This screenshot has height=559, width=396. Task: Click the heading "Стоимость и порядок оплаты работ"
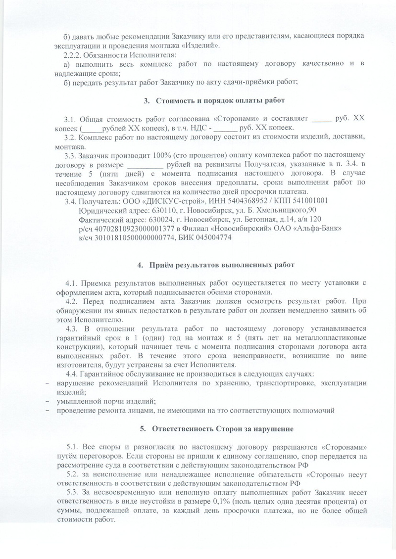(x=220, y=101)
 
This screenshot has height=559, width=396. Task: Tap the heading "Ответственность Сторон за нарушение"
(x=224, y=428)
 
